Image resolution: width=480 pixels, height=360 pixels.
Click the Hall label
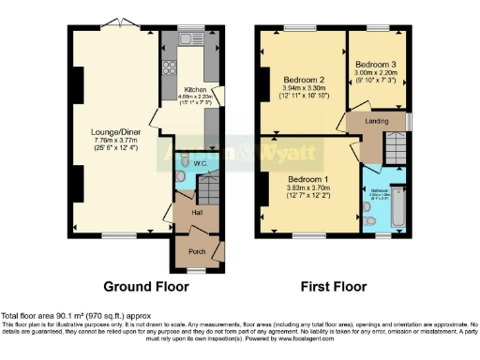pyautogui.click(x=197, y=213)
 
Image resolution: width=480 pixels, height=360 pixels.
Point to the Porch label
pyautogui.click(x=197, y=250)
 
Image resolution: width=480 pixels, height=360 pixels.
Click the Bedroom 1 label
pyautogui.click(x=308, y=178)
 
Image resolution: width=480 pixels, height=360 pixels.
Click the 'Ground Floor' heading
pyautogui.click(x=145, y=286)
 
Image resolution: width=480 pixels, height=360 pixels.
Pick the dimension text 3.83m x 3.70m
pyautogui.click(x=308, y=187)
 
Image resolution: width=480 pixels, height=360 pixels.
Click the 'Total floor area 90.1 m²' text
pyautogui.click(x=75, y=316)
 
